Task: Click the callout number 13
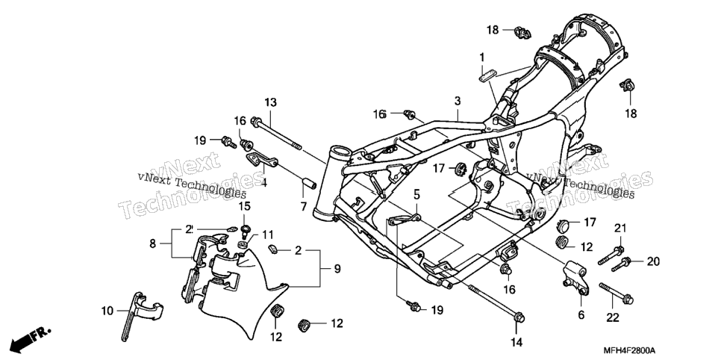coord(271,102)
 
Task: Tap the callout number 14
coord(516,342)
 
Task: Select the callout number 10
coord(107,311)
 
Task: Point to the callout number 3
coord(458,100)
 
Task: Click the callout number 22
coord(613,317)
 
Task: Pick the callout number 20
coord(653,261)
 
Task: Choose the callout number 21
coord(621,228)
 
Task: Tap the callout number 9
coord(337,269)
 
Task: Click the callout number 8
coord(153,243)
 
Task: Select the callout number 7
coord(304,207)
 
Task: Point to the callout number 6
coord(581,315)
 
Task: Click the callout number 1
coord(482,58)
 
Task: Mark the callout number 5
coord(416,195)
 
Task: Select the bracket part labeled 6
coord(575,276)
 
